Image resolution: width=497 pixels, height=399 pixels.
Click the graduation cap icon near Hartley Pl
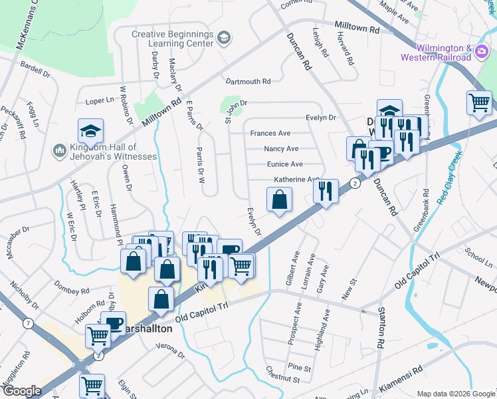91,130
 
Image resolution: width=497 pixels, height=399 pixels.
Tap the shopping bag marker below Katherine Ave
280,199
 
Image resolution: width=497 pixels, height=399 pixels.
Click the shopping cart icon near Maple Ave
479,102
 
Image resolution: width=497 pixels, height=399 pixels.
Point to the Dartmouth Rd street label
248,82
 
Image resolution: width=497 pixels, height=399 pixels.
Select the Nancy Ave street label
281,149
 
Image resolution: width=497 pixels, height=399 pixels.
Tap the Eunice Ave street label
285,164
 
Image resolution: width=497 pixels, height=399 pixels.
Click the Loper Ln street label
100,102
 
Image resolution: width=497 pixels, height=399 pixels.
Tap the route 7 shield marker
27,324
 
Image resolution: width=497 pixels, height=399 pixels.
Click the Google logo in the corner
22,391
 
